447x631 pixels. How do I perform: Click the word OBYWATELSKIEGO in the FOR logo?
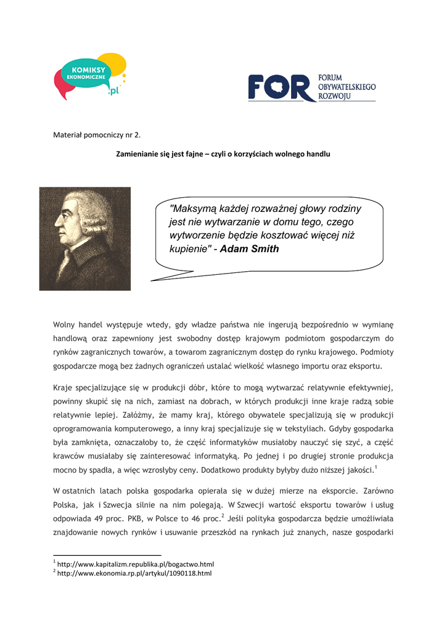coord(347,88)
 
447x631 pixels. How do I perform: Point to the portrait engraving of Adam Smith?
coord(85,239)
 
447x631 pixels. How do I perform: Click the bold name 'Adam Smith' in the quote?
coord(249,250)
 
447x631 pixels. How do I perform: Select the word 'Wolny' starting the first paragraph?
coord(64,325)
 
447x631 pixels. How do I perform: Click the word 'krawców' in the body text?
coord(68,456)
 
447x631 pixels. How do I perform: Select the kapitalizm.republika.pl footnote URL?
coord(135,564)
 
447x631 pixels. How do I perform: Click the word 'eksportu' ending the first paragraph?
coord(366,366)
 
